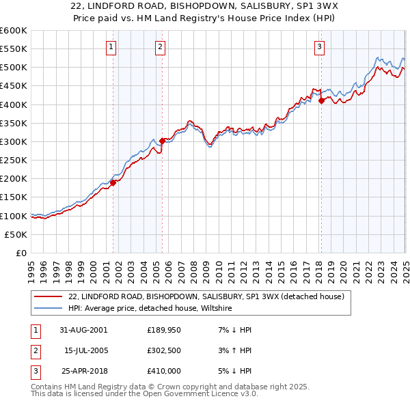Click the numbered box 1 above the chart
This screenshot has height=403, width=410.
click(111, 47)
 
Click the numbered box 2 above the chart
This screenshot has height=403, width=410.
click(160, 47)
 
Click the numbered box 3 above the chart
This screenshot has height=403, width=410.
click(319, 47)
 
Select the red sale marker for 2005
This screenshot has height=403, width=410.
click(162, 141)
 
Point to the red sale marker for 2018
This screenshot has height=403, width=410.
click(321, 100)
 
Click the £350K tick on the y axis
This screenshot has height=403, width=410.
click(14, 124)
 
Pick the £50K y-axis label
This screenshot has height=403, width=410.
click(16, 234)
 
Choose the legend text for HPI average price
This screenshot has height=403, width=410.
click(150, 309)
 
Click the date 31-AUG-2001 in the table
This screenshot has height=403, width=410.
click(83, 330)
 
